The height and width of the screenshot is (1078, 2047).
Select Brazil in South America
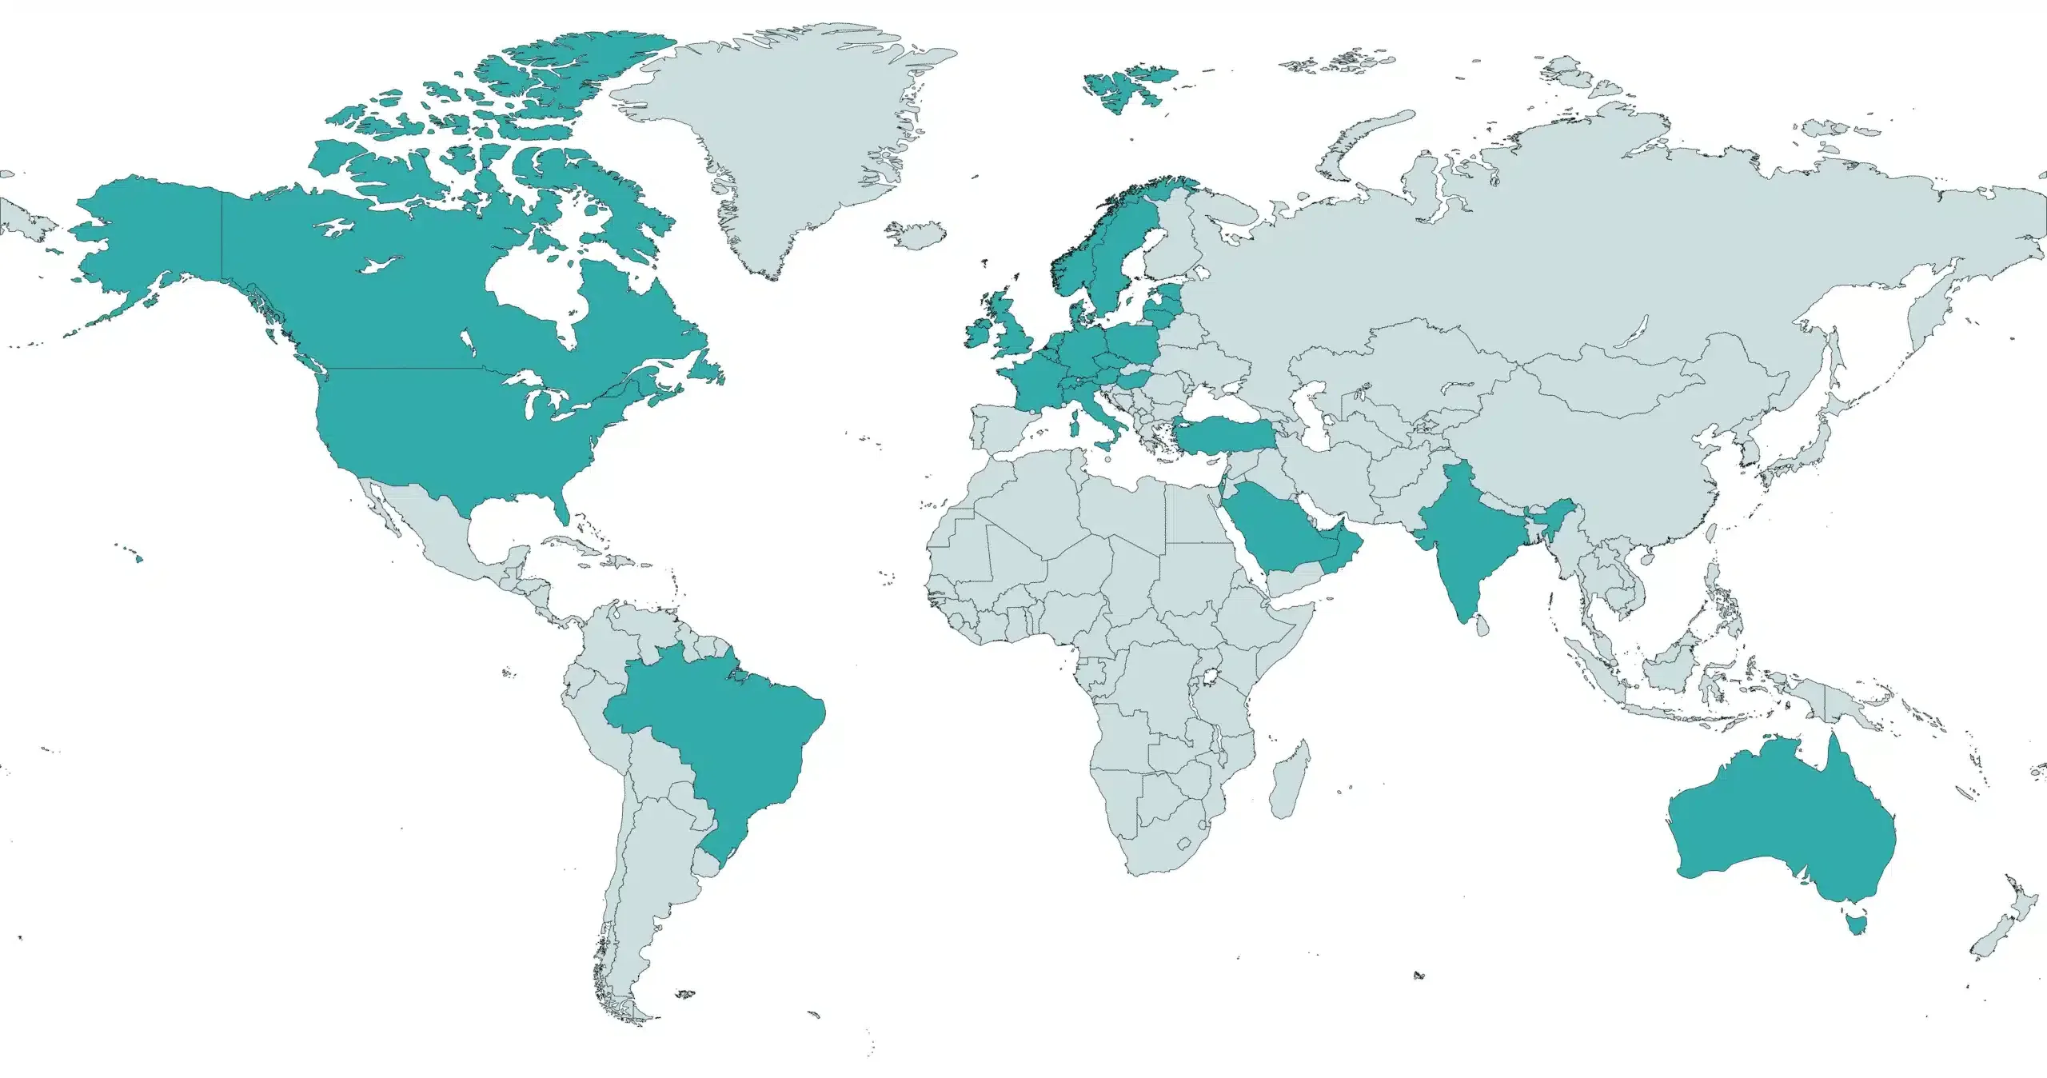click(x=720, y=736)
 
